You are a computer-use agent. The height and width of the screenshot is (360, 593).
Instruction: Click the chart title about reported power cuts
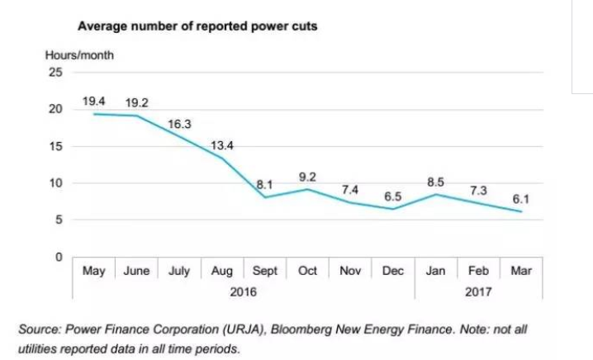pos(197,26)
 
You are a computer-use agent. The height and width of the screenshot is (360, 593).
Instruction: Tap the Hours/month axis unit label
pos(79,55)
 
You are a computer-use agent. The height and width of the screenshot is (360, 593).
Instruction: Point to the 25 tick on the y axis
pos(56,72)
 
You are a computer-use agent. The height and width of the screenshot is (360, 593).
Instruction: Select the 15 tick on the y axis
pos(56,146)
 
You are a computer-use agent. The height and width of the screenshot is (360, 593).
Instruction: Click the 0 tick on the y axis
pos(59,258)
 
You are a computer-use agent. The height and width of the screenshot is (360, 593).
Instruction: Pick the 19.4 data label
pos(94,102)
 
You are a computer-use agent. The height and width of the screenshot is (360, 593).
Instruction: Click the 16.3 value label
pos(180,124)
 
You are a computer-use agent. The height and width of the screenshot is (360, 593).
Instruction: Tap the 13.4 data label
pos(222,145)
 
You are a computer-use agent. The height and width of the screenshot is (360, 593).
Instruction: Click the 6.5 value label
pos(394,197)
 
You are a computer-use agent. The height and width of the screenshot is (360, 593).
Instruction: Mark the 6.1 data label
pos(521,199)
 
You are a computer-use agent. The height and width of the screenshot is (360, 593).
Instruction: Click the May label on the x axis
pos(93,271)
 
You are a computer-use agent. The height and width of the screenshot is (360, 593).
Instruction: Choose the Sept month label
pos(265,271)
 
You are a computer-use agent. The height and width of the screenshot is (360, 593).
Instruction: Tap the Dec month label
pos(393,271)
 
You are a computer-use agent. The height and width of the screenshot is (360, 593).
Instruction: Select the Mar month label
pos(522,271)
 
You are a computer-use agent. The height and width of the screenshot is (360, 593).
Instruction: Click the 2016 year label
pos(244,292)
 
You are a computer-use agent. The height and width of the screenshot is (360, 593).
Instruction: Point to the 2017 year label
pos(479,292)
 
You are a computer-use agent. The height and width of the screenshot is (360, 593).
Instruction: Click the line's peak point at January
pos(436,195)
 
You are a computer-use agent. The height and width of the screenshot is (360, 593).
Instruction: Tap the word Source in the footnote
pos(48,329)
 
